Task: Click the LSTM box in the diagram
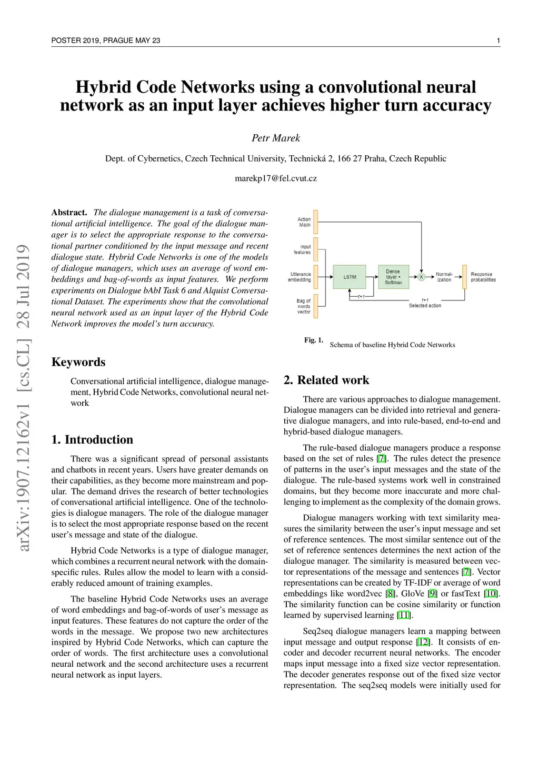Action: point(350,277)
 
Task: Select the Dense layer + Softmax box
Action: point(393,277)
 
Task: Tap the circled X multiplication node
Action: point(421,277)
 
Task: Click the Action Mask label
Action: point(304,222)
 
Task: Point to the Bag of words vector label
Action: point(304,306)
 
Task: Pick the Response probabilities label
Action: point(483,277)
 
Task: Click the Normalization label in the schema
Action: point(444,277)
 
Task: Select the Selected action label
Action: point(425,305)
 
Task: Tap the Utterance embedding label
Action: point(300,277)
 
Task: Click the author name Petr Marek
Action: point(276,138)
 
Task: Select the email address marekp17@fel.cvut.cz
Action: point(276,178)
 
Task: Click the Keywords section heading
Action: point(78,362)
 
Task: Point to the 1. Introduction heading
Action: point(92,439)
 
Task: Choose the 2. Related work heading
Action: point(326,380)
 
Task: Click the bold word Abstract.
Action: point(69,213)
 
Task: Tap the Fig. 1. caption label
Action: point(314,340)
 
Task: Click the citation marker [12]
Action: point(423,642)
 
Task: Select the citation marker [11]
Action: point(404,615)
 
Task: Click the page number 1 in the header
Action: point(498,41)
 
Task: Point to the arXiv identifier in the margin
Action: point(24,397)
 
